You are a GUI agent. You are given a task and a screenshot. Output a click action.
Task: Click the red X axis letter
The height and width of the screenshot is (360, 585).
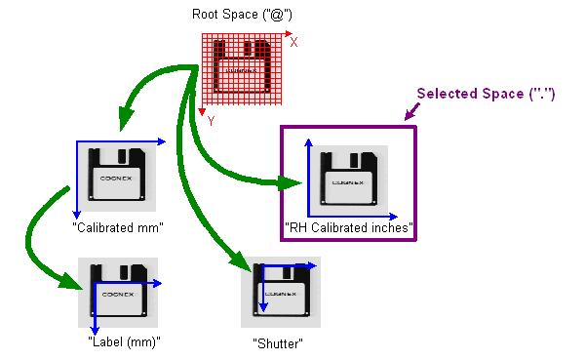[294, 42]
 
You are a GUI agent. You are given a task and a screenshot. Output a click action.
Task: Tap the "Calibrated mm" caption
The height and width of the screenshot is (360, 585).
[117, 226]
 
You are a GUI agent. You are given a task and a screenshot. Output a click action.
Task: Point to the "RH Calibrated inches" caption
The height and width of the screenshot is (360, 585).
[350, 228]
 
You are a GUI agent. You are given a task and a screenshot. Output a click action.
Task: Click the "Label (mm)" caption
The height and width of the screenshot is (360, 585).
[123, 341]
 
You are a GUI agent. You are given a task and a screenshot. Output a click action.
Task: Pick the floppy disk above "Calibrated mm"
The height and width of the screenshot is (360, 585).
[117, 177]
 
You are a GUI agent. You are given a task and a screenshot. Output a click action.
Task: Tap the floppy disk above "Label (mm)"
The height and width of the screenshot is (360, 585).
[117, 290]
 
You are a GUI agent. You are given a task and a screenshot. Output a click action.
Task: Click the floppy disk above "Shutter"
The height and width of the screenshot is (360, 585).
[283, 291]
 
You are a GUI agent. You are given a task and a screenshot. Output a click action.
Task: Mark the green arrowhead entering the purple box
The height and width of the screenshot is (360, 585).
[289, 182]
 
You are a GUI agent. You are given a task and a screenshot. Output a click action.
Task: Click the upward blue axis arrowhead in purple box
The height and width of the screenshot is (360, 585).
[309, 143]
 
